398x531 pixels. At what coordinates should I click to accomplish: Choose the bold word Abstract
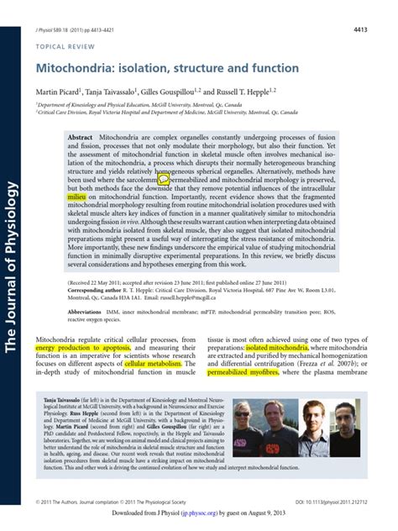(80, 136)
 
